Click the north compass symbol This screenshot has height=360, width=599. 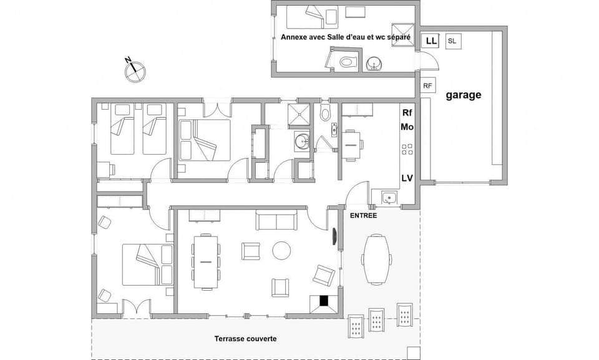134,71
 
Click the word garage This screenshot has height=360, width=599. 463,95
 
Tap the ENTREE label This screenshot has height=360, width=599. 363,215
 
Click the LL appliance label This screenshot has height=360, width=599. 431,41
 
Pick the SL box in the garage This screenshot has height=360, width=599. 452,42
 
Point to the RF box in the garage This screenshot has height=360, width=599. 427,85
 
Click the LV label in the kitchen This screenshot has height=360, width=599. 407,178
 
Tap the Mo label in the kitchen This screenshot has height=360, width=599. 407,127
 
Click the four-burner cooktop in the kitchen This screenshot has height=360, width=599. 407,149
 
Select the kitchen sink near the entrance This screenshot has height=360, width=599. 388,198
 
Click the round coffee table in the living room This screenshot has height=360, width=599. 281,251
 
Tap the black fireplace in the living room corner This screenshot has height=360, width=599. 324,300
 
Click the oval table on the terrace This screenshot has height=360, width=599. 377,258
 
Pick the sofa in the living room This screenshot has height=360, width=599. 276,221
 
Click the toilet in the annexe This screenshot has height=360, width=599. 348,61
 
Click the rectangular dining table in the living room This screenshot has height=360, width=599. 206,261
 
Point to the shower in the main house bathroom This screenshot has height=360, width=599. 301,114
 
